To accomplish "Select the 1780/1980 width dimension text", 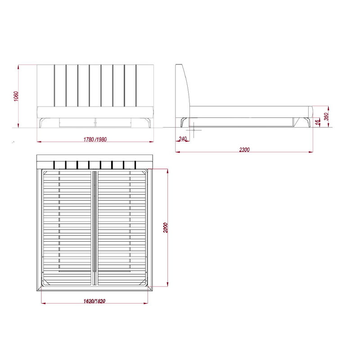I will click(x=95, y=139).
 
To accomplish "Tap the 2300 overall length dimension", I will click(x=244, y=149).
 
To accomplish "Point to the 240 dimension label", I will click(x=182, y=139).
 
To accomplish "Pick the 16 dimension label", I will click(x=318, y=121).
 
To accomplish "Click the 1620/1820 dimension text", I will click(x=94, y=301).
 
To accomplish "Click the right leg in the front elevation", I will click(x=148, y=122).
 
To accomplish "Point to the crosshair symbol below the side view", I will click(x=193, y=130).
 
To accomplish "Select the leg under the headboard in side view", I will click(x=183, y=122).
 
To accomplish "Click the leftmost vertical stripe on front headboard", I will click(x=54, y=85).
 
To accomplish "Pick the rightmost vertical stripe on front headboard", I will click(x=136, y=85).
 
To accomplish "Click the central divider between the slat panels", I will click(x=94, y=227).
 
